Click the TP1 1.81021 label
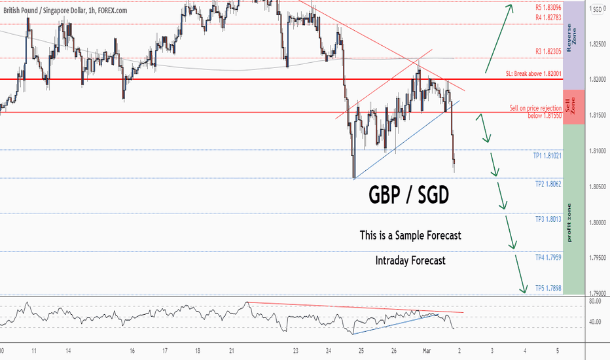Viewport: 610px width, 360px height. coord(547,156)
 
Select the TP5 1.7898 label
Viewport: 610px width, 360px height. coord(548,289)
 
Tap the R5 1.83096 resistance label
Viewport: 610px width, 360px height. coord(548,7)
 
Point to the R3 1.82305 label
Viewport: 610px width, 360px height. coord(548,51)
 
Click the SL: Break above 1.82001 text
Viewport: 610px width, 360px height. coord(533,73)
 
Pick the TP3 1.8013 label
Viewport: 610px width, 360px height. coord(548,219)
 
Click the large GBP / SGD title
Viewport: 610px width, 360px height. coord(408,195)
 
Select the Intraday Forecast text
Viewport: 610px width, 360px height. coord(410,261)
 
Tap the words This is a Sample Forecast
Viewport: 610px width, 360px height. coord(410,236)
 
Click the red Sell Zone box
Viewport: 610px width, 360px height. coord(574,107)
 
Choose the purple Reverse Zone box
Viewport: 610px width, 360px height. coord(574,46)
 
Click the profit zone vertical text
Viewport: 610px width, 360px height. coord(569,223)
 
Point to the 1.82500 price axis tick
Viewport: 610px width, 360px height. coord(598,44)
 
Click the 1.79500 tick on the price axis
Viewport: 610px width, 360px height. coord(598,258)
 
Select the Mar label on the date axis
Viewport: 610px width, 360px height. coord(427,351)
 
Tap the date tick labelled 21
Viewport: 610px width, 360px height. coord(232,351)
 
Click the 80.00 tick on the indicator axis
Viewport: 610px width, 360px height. coord(595,301)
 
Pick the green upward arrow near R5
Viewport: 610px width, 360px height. coord(499,39)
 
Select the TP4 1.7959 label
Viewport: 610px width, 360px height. coord(548,258)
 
